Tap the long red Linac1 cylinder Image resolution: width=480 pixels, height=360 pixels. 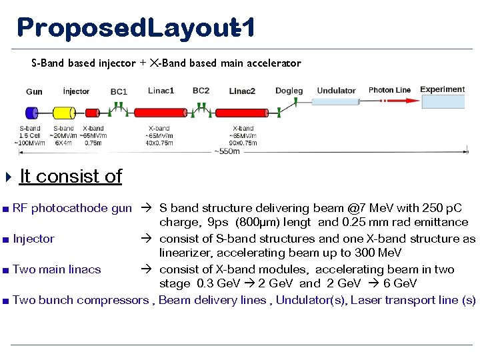coord(160,113)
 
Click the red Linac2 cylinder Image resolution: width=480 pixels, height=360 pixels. coord(243,113)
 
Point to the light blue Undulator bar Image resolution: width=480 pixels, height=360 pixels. coord(335,102)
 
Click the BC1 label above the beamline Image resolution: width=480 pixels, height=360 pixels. coord(119,91)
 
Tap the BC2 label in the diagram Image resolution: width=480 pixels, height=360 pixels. coord(201,91)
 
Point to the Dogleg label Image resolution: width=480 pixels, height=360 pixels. coord(289,91)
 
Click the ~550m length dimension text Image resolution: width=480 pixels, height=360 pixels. coord(227,152)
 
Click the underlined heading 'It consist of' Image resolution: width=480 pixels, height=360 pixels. coord(71,176)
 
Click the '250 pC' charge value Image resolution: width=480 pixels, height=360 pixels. coord(453,208)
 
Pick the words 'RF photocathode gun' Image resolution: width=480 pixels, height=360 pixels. coord(72,208)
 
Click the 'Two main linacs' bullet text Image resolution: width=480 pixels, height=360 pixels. coord(57,269)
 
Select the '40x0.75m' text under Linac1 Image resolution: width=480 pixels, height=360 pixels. coord(159,142)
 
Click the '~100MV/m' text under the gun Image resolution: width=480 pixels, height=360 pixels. coord(30,142)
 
